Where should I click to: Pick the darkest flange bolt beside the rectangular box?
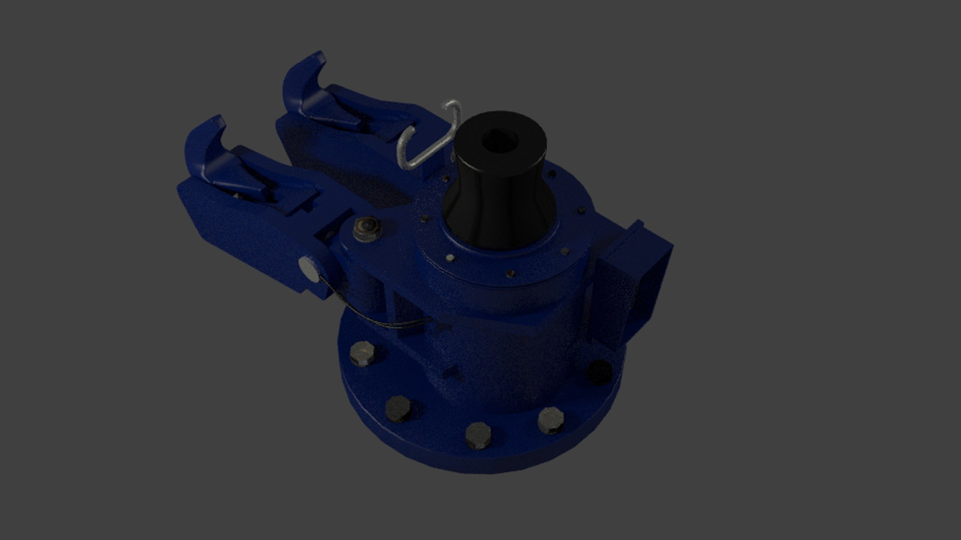pyautogui.click(x=599, y=371)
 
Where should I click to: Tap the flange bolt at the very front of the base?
pyautogui.click(x=478, y=435)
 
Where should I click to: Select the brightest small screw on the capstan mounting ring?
pyautogui.click(x=450, y=258)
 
